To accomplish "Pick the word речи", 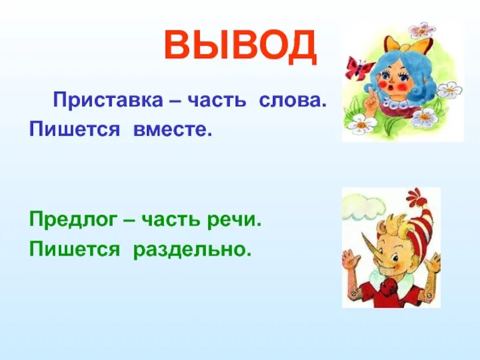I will (x=238, y=220).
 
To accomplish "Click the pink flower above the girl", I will (x=422, y=30).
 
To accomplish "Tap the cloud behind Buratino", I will (x=360, y=207).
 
